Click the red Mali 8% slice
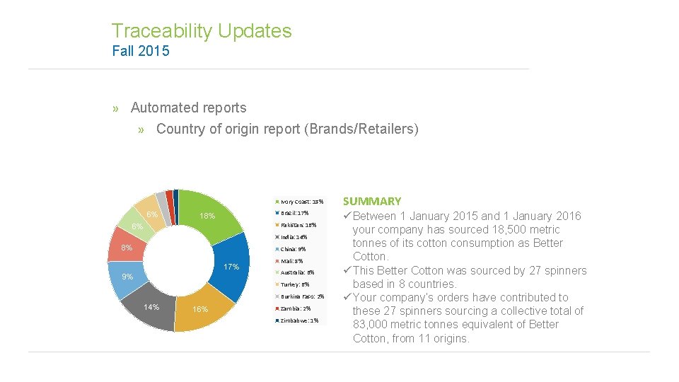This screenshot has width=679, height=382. coord(127,248)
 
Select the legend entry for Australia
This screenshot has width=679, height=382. coord(297,272)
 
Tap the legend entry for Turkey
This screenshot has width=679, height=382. coord(295,284)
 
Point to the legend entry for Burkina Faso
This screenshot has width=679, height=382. coord(302,296)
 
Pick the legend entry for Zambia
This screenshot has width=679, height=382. coord(296,308)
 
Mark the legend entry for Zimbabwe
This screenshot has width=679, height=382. coord(299,320)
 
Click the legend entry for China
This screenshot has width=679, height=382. coord(293,249)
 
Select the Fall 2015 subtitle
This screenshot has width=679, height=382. coord(141,51)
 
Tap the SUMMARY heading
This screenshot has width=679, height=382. coord(372,202)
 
